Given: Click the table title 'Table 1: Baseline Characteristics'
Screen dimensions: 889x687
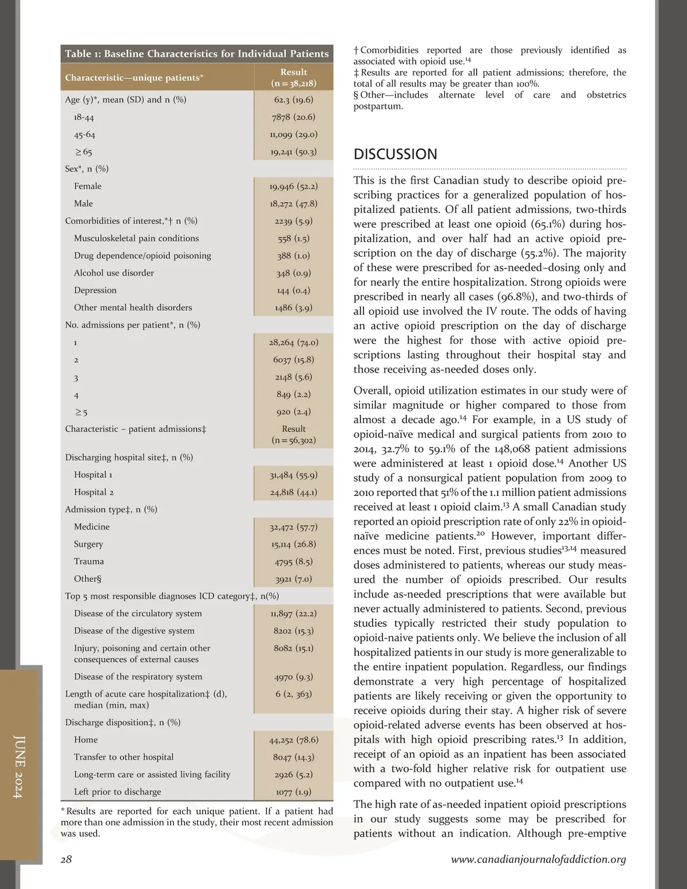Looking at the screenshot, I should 196,54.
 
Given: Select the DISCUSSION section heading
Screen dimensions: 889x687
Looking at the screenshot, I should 395,154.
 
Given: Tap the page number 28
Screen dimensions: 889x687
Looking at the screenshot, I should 66,859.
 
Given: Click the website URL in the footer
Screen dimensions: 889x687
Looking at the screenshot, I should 538,859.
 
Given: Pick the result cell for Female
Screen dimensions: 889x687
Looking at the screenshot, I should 293,186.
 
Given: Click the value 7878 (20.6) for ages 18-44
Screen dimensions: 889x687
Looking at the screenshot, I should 293,117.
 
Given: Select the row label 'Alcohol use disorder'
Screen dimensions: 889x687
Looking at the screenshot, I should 114,273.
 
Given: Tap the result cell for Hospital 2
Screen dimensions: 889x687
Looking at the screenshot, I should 293,492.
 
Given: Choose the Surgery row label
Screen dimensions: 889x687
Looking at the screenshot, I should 89,544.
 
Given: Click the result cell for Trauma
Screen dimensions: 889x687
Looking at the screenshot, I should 293,562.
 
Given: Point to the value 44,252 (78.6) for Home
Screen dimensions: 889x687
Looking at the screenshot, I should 293,740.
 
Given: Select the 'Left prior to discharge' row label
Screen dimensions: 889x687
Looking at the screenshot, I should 117,792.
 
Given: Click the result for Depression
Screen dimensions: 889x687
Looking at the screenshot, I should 293,290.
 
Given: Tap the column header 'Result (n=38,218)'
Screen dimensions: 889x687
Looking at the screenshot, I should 293,77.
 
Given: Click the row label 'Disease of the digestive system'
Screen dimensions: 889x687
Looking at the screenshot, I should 134,630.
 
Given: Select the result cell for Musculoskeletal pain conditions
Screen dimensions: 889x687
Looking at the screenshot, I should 293,238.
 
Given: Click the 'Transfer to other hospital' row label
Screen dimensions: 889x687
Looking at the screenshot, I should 124,757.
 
